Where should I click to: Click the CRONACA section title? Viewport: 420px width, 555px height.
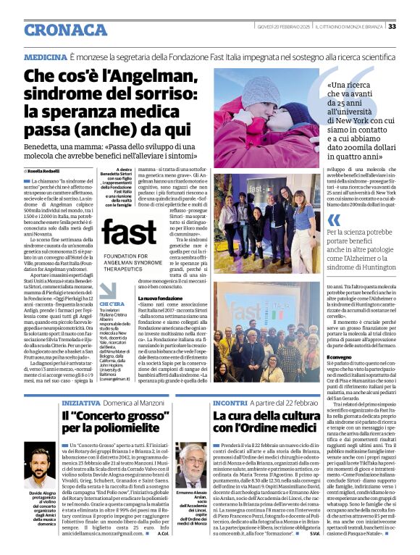coord(66,30)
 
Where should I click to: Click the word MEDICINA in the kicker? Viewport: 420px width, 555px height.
coord(46,56)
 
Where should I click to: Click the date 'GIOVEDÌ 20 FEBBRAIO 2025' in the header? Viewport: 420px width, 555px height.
coord(282,27)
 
